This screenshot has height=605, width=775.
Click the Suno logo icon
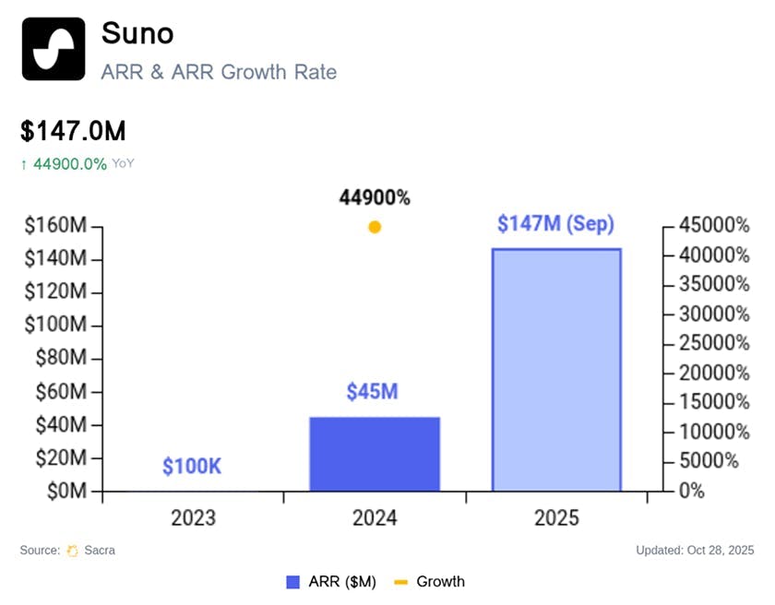click(x=53, y=49)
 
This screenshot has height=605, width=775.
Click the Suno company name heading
click(x=137, y=33)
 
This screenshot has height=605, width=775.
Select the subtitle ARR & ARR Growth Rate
click(x=219, y=71)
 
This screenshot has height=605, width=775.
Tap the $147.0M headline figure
click(x=73, y=131)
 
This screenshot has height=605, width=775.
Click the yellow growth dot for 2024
click(x=375, y=227)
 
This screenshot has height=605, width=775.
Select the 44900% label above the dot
click(x=375, y=197)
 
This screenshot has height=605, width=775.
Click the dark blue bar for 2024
click(x=375, y=454)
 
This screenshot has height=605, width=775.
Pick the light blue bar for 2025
click(x=556, y=370)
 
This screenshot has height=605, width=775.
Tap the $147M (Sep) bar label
click(x=555, y=223)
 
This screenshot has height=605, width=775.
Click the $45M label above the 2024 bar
click(x=373, y=392)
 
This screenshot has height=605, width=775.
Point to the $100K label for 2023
click(x=192, y=467)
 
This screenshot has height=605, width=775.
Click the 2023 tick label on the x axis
click(x=193, y=517)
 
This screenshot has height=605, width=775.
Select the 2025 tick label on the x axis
click(x=556, y=517)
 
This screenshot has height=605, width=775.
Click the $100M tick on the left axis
click(x=55, y=325)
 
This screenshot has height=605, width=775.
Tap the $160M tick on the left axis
click(x=55, y=225)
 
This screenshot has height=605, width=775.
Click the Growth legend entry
click(x=430, y=582)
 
